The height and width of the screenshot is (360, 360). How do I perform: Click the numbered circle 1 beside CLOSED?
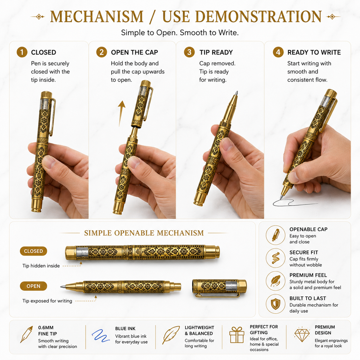(x=22, y=52)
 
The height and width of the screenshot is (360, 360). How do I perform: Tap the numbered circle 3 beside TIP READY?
(x=189, y=52)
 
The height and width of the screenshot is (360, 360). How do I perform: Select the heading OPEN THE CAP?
(x=135, y=52)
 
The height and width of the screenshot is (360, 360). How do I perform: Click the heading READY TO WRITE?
(x=314, y=52)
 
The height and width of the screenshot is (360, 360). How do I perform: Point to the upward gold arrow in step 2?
(x=121, y=114)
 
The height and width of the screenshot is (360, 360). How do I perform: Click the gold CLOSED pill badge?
(x=33, y=251)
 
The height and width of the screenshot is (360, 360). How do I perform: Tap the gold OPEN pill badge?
(x=33, y=286)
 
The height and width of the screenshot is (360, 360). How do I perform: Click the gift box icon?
(x=237, y=335)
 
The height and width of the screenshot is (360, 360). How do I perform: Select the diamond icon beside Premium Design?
(x=302, y=335)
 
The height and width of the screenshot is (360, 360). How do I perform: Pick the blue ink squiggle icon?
(x=101, y=336)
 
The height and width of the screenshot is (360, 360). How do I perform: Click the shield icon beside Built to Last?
(x=276, y=304)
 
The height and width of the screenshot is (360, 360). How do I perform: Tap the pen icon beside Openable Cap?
(x=276, y=235)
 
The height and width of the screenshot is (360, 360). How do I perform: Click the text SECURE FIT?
(x=304, y=252)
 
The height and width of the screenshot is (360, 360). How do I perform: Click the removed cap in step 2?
(x=142, y=104)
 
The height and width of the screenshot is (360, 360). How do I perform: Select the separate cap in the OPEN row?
(x=219, y=288)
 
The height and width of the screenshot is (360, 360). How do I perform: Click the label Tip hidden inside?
(x=41, y=266)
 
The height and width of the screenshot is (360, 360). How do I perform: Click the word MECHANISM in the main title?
(x=97, y=17)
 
